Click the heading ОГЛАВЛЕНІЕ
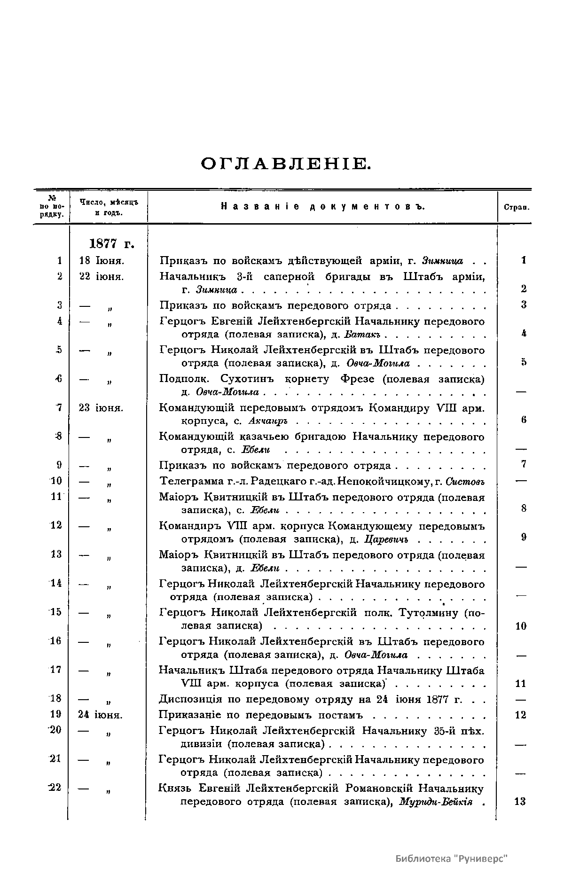(286, 164)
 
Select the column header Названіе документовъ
(322, 206)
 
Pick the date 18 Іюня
(102, 260)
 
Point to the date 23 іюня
(101, 408)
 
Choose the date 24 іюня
(101, 715)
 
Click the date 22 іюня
(102, 277)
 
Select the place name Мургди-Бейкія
(435, 802)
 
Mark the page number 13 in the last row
(520, 802)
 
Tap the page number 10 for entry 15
(521, 626)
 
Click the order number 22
(55, 788)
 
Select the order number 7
(59, 407)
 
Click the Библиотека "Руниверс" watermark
(452, 859)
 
